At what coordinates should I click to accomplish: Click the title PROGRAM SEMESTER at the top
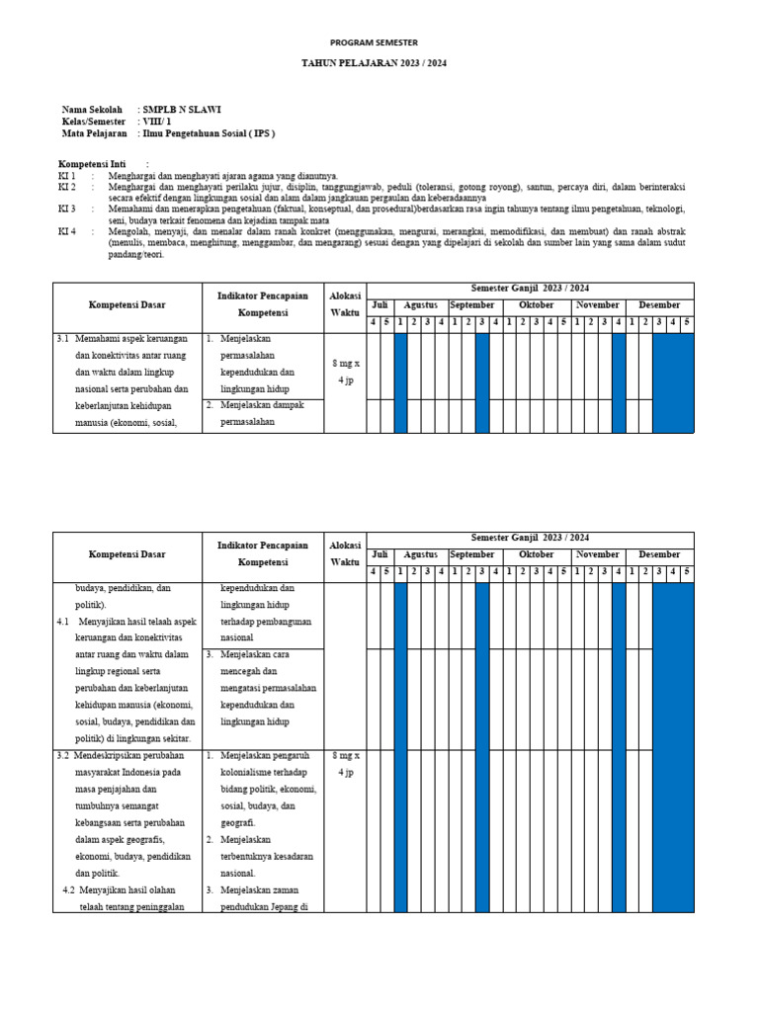tap(374, 42)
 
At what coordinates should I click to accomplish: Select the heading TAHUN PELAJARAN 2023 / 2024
tap(374, 62)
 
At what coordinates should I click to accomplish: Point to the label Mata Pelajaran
tap(94, 133)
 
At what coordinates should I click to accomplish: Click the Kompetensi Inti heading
tap(96, 164)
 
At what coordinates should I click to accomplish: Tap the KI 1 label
tap(67, 175)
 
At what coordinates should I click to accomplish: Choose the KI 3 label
tap(67, 209)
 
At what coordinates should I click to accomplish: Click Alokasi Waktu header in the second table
tap(345, 554)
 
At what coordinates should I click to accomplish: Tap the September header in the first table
tap(471, 305)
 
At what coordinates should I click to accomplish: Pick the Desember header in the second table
tap(659, 554)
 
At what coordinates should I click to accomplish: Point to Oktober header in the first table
tap(537, 305)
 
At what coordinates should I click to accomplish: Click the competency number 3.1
tap(62, 338)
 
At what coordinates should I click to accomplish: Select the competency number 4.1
tap(62, 622)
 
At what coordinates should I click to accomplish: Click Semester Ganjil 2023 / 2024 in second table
tap(530, 538)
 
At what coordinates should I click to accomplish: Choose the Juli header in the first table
tap(379, 305)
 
